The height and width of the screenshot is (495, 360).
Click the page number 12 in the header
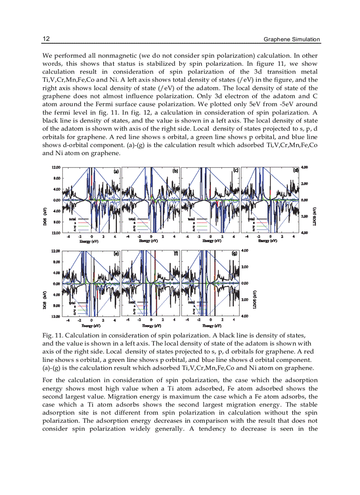tap(45, 39)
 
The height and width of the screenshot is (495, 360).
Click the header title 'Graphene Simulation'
tap(292, 39)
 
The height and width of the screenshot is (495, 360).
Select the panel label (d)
tap(296, 170)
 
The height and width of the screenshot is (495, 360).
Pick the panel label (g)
tap(235, 253)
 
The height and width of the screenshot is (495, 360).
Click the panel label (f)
tap(176, 253)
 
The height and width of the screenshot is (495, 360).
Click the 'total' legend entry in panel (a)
tap(73, 219)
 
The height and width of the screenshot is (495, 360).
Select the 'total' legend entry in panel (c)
tap(192, 219)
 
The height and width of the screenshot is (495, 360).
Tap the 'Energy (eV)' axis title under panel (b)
tap(148, 241)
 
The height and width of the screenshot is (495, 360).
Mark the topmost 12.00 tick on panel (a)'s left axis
tap(56, 167)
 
